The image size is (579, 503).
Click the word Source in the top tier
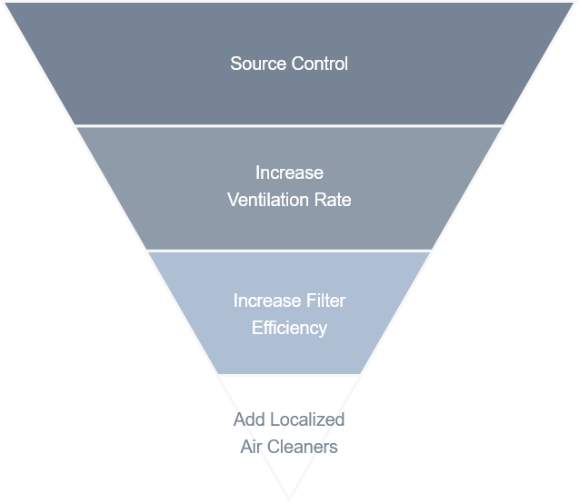255,64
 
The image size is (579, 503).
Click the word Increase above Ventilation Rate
289,173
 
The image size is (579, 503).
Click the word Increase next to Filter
267,301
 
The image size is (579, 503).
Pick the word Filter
325,301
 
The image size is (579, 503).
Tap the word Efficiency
289,327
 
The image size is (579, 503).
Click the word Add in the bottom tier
248,419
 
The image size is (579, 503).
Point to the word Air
251,447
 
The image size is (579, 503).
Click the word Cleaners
303,447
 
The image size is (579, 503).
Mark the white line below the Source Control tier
289,125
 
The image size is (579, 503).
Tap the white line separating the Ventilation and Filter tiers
289,251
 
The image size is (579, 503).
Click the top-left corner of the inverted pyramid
3,2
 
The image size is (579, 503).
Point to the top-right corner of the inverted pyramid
576,2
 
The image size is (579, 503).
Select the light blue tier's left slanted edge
181,313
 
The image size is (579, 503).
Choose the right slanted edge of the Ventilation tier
468,188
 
